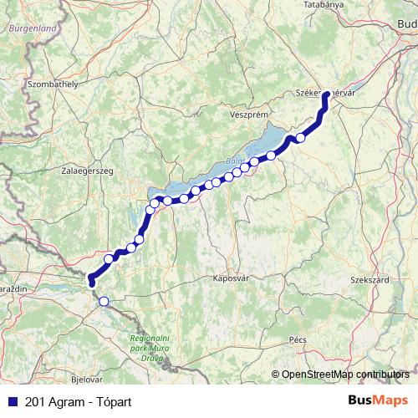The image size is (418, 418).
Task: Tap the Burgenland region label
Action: point(32,28)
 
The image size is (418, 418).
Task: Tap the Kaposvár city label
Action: point(232,277)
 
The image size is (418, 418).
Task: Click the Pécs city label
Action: point(298,340)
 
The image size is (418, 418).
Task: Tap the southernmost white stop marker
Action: point(104,302)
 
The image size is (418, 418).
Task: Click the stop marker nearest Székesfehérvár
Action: point(301,138)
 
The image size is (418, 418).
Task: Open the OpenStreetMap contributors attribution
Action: point(345,374)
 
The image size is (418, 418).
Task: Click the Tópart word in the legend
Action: point(111,400)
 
